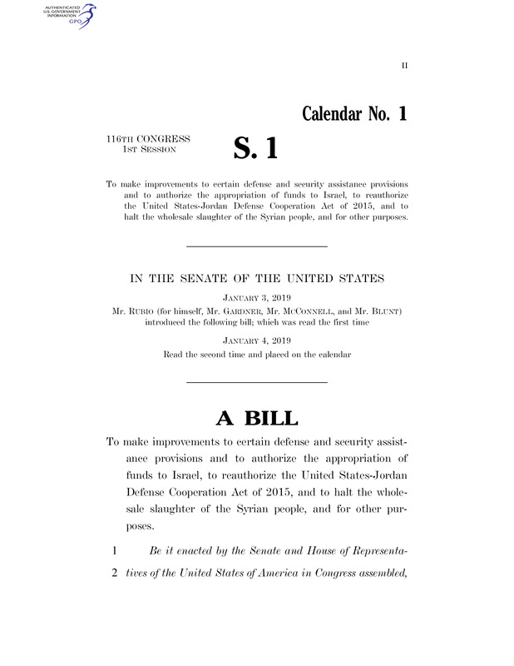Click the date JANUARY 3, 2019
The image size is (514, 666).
point(256,296)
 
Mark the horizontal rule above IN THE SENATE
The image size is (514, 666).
point(256,246)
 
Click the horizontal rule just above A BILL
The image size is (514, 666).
point(256,381)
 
